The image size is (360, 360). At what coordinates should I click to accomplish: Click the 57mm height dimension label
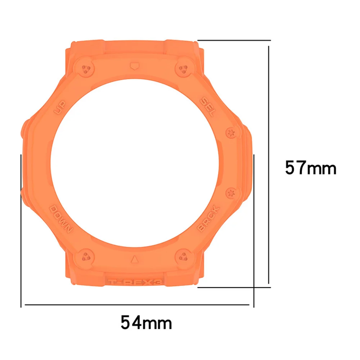pos(311,168)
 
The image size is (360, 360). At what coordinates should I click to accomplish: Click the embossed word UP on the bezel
pos(60,107)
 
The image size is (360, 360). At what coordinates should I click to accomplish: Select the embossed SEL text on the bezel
pos(208,107)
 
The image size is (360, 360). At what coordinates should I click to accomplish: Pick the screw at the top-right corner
pos(183,68)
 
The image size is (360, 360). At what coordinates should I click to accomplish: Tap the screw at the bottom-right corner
pos(183,256)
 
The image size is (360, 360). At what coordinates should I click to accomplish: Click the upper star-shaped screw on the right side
pos(231,133)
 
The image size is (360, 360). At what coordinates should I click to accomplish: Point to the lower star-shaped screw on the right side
pos(231,193)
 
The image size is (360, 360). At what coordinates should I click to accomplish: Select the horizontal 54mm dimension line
pos(137,305)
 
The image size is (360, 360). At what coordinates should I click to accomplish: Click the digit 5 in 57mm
pos(291,168)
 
